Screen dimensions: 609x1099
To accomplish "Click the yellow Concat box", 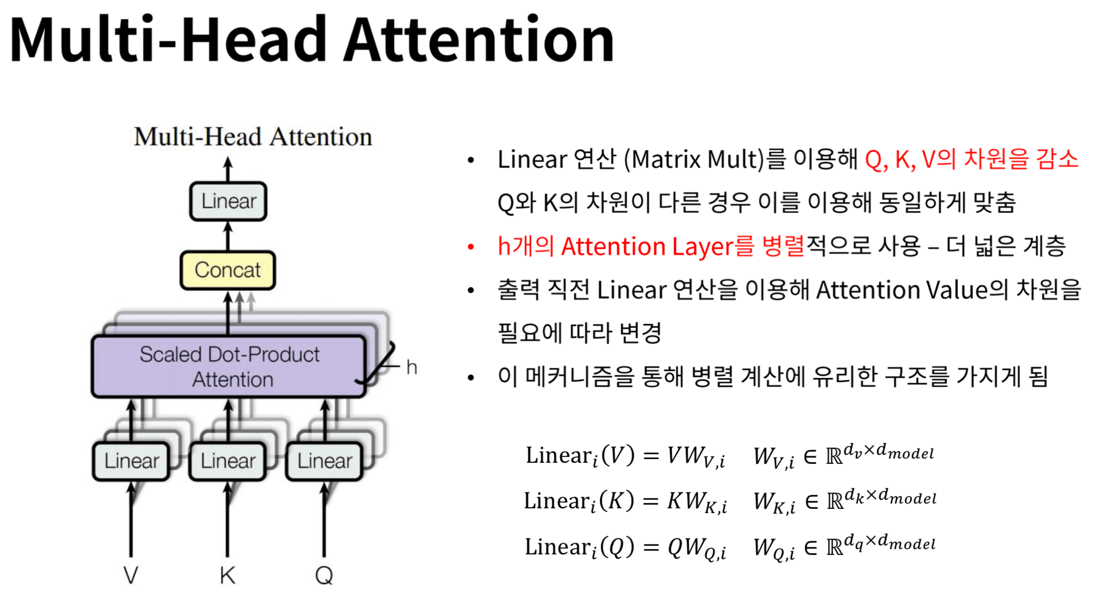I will click(228, 270).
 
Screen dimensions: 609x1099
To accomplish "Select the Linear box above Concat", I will click(228, 201).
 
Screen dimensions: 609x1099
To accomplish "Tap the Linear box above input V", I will click(131, 461).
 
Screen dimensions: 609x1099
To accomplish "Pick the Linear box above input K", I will click(228, 461).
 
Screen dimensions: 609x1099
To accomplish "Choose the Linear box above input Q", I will click(324, 461).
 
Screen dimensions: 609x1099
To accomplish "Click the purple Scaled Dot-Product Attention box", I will click(229, 366).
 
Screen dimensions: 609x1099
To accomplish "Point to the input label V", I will click(131, 575).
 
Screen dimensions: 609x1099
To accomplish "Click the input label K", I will click(228, 575).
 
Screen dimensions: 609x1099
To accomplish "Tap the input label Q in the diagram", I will click(324, 575).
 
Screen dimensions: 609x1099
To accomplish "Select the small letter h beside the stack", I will click(411, 367).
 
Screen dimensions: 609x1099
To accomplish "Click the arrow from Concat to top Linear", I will click(228, 236).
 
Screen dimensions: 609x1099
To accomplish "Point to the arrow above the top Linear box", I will click(228, 169).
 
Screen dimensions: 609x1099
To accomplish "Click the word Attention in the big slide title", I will click(479, 40).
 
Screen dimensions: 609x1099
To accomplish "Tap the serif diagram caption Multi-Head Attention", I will click(253, 137).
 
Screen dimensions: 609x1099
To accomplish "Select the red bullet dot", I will click(471, 247).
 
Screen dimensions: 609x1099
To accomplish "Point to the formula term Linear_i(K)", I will click(579, 500).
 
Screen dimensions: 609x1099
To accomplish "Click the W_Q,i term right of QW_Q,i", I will click(773, 548).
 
